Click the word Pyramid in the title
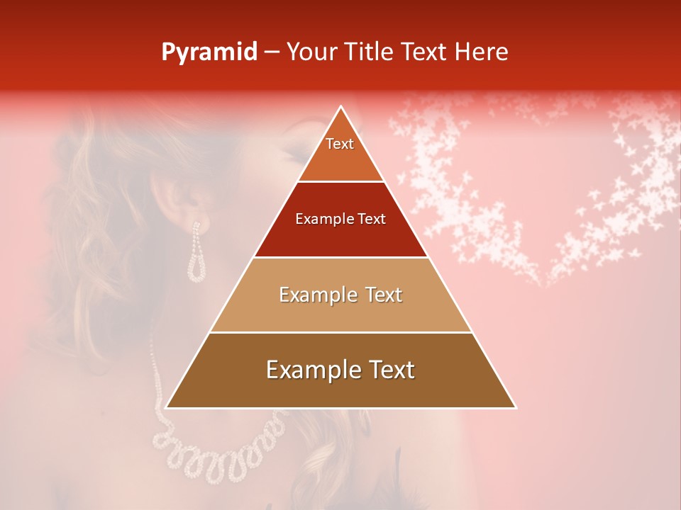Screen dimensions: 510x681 click(x=209, y=52)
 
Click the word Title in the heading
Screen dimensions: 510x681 click(x=370, y=52)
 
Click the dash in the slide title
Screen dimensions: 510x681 click(x=272, y=52)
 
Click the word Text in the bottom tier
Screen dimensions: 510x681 click(x=391, y=370)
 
